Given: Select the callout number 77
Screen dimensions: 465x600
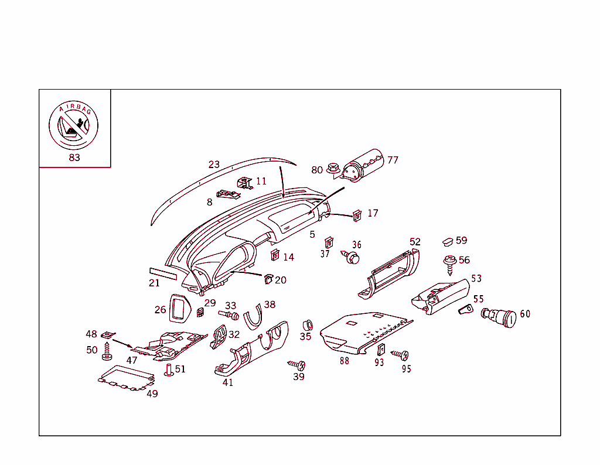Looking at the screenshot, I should point(393,160).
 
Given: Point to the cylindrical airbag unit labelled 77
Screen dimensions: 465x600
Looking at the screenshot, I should point(363,166).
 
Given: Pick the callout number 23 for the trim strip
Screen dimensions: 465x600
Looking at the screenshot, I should point(214,165).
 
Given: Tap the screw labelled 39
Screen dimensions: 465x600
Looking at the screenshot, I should point(298,365).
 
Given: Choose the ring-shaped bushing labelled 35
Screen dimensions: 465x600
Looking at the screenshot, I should point(306,325).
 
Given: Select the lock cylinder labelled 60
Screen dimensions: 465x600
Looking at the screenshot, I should point(499,317).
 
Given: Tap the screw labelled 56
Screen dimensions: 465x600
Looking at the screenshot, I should point(450,265).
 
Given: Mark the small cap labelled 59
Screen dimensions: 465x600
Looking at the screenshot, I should point(448,241).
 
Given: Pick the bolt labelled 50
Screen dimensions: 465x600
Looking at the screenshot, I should point(107,352).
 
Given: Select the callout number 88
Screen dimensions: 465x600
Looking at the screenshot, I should point(344,361).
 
